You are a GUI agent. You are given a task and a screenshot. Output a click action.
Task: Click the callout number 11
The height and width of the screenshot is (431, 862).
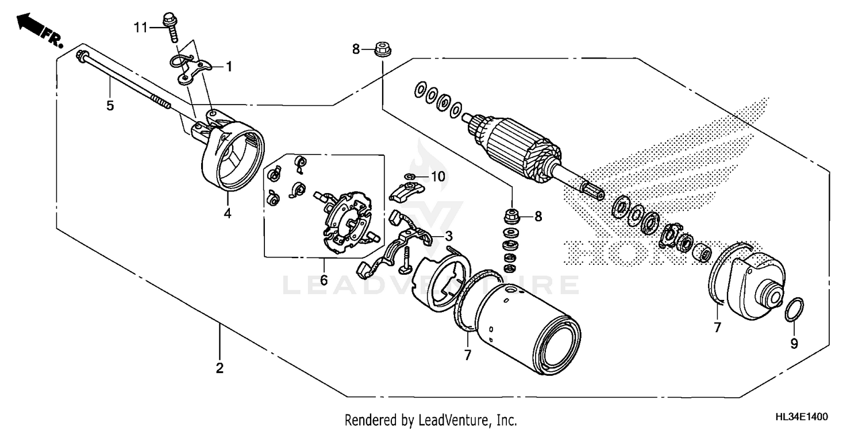[x=141, y=26]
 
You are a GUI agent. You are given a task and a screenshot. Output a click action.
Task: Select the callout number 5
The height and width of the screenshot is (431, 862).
[x=110, y=105]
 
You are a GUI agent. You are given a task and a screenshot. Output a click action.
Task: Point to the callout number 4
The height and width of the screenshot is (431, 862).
[x=228, y=214]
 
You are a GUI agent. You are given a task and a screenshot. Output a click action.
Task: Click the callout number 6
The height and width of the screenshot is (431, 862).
[x=324, y=280]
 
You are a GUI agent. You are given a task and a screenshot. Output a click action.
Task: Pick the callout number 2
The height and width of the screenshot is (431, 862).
[x=219, y=368]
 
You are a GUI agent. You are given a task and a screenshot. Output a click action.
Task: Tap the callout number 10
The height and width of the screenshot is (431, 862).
[x=438, y=177]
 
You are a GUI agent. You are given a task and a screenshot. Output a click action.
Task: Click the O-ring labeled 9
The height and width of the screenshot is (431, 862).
[x=794, y=310]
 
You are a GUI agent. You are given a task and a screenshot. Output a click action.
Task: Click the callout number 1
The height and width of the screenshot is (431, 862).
[x=229, y=67]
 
